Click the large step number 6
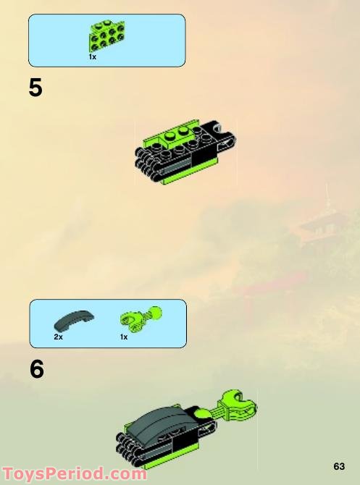(37, 370)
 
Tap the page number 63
(339, 465)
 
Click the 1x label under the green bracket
(93, 56)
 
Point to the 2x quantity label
(59, 337)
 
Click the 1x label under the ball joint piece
(124, 337)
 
